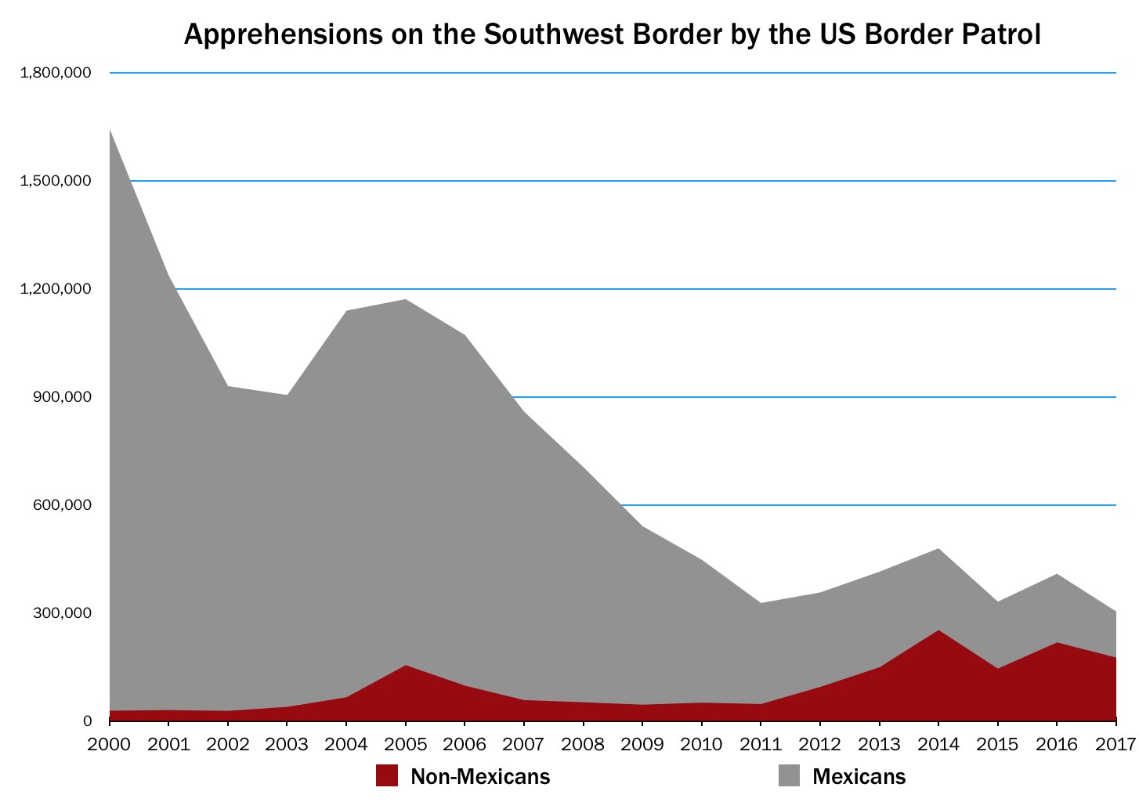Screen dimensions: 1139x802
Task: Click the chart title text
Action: coord(612,34)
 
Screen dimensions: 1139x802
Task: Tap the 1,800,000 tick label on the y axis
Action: coord(56,73)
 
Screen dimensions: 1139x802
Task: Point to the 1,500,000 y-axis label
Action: coord(56,181)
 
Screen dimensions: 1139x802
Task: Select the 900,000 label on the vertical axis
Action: coord(61,397)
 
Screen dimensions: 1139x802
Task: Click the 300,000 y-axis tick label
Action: coord(61,613)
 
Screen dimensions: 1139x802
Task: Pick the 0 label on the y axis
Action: coord(87,721)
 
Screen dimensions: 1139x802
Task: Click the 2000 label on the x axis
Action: coord(110,743)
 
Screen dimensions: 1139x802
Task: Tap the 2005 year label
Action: coord(405,743)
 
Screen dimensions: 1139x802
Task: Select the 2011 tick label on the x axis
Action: coord(760,743)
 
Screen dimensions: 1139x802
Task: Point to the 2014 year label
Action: coord(938,743)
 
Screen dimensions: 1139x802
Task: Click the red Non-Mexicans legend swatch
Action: coord(387,775)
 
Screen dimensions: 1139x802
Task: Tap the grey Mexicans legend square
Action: coord(789,775)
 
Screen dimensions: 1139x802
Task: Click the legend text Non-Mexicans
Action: coord(480,777)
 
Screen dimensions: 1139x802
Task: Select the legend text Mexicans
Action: coord(859,777)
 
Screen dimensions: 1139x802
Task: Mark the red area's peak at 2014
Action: coord(938,631)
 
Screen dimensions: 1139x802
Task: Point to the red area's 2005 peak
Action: coord(405,667)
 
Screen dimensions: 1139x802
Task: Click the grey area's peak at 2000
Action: coord(111,132)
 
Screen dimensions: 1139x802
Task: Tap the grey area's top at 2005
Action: coord(405,301)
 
